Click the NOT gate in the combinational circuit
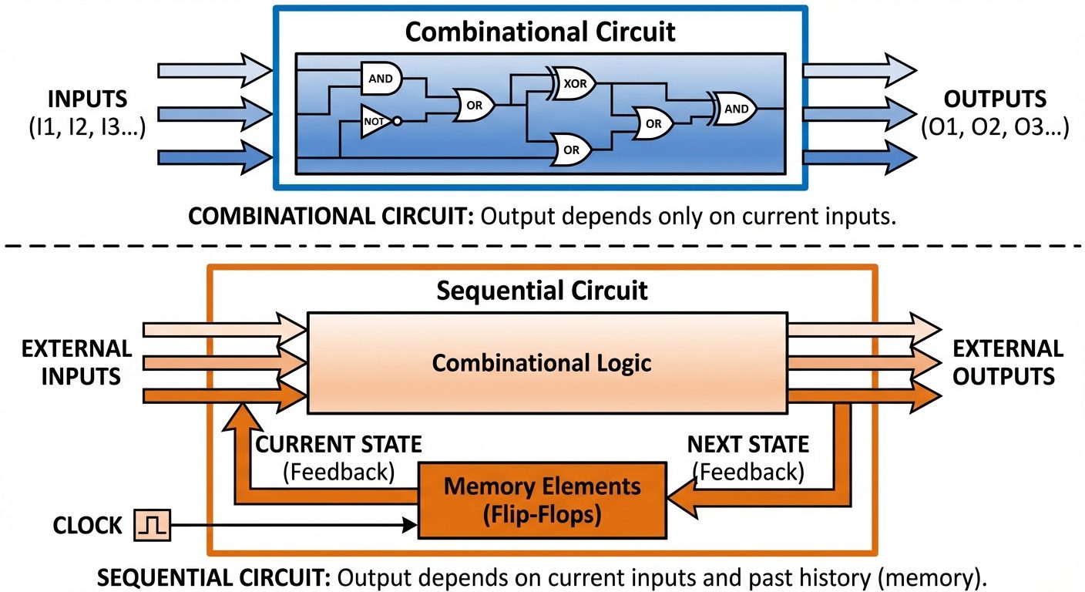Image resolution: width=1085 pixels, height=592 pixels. coord(375,122)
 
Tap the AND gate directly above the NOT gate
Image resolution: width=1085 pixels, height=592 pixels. coord(380,78)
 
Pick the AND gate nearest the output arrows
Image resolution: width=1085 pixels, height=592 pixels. coord(734,109)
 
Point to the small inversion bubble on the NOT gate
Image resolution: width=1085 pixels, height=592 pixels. coord(397,122)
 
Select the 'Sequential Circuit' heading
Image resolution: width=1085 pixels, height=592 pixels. coord(542,291)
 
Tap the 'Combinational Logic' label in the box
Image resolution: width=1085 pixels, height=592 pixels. coord(542,362)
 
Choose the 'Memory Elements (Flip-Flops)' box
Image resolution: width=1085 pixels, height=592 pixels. coord(542,500)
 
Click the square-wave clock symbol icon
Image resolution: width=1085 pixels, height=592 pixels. coord(152,526)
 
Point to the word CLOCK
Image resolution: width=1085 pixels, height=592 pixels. coord(87,526)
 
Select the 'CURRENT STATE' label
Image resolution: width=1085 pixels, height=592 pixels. coord(338,445)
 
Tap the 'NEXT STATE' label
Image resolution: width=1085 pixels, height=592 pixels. coord(747,445)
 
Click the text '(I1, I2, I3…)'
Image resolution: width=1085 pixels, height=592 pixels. coord(88,127)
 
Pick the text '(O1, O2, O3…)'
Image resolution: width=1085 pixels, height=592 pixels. coord(995,127)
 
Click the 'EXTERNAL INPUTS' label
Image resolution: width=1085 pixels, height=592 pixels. coord(76,362)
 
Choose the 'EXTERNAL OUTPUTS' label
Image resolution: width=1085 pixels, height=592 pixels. coord(1008,362)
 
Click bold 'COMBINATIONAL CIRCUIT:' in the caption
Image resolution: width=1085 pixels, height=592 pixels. coord(331,217)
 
